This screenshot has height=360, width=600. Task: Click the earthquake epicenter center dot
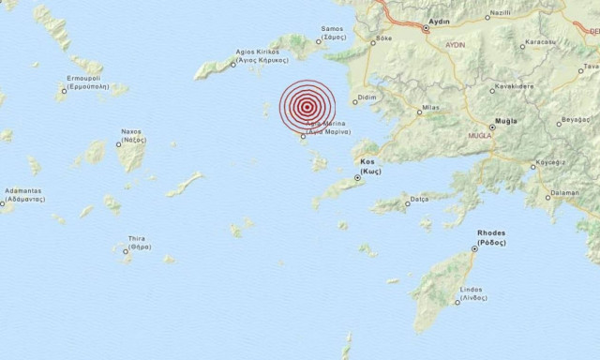tap(307, 109)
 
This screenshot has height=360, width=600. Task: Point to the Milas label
tap(430, 109)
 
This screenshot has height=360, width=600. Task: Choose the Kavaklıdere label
tap(514, 87)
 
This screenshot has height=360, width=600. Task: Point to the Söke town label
tap(382, 38)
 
